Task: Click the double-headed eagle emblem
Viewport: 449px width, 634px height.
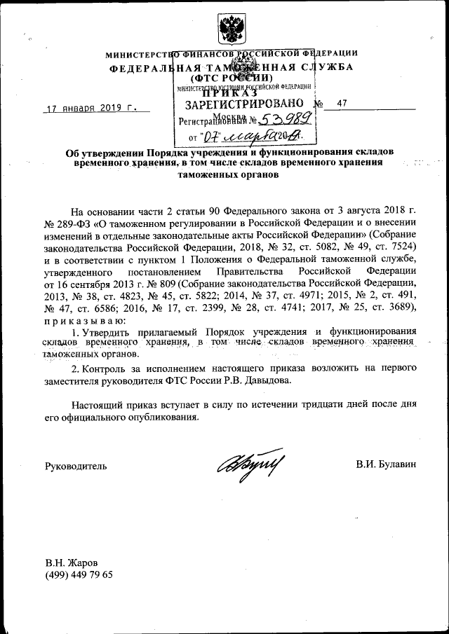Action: [x=228, y=29]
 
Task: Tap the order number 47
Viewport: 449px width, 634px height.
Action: [x=342, y=104]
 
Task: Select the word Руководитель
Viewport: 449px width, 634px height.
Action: [x=76, y=465]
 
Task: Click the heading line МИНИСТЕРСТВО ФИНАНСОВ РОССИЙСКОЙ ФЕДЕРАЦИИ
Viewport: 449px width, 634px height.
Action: [x=232, y=54]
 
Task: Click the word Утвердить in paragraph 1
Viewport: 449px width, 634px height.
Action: [x=106, y=331]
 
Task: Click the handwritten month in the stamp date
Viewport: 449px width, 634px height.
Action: [x=249, y=134]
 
